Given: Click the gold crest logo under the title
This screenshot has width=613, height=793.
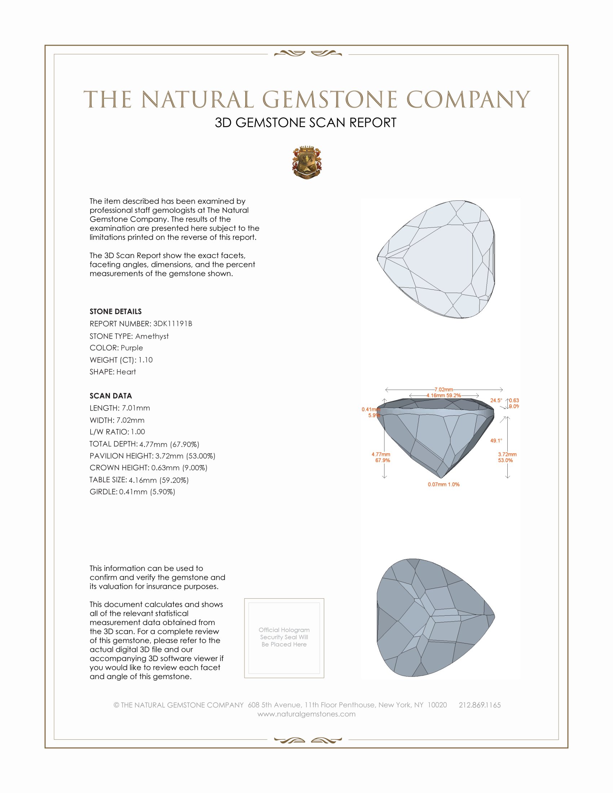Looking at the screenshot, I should pos(306,162).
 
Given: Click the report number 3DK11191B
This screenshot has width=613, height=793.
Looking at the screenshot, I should pos(172,324).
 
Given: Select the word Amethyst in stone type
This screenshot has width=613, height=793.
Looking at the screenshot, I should pos(152,336).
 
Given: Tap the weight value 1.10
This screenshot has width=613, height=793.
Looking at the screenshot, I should pos(145,360).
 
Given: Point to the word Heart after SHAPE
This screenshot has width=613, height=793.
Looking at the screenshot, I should pos(126,372).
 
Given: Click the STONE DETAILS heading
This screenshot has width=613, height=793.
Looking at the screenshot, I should pos(115,311).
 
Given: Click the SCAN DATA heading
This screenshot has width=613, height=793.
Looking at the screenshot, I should pos(111,396).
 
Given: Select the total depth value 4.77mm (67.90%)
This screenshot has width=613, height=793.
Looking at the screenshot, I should pos(169,444).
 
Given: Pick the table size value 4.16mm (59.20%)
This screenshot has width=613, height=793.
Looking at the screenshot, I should pos(159,480).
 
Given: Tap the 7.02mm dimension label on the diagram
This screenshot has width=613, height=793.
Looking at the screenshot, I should pos(444,390).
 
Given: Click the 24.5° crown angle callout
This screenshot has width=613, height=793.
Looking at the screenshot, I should pos(496,400).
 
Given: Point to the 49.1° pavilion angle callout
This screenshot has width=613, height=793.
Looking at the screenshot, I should pos(496,440).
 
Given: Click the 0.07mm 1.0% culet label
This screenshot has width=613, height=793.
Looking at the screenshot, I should pos(444,484).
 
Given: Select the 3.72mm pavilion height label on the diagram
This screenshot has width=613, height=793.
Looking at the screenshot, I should pos(507,455).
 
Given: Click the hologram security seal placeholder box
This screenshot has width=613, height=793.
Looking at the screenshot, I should pos(284,638).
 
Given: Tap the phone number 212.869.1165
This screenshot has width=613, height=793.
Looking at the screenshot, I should pos(479,705).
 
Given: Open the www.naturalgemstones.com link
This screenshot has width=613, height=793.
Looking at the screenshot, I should pos(306,714).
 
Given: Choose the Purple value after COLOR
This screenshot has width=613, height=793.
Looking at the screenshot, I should pos(132,348).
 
